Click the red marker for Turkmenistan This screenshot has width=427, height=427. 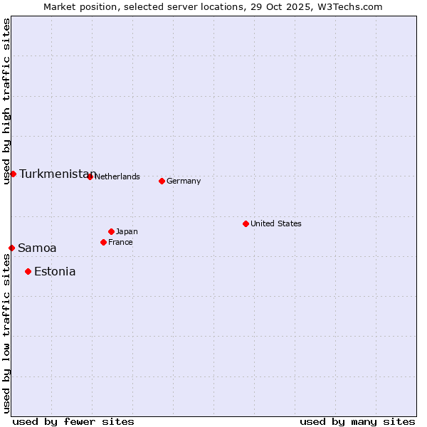pyautogui.click(x=13, y=174)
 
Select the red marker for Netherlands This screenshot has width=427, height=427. pyautogui.click(x=90, y=176)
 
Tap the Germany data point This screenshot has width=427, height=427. pyautogui.click(x=162, y=181)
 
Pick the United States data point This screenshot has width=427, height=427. pyautogui.click(x=246, y=223)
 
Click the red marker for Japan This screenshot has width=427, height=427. pyautogui.click(x=111, y=231)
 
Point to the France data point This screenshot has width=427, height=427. pyautogui.click(x=103, y=242)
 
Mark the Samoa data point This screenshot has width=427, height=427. pyautogui.click(x=11, y=248)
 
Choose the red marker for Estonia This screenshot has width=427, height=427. pyautogui.click(x=28, y=271)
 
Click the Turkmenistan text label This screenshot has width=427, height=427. pyautogui.click(x=57, y=174)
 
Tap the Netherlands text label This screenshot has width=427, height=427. pyautogui.click(x=117, y=176)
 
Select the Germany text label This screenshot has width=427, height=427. pyautogui.click(x=184, y=181)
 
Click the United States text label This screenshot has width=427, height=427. pyautogui.click(x=276, y=223)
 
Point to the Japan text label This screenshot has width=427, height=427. pyautogui.click(x=127, y=231)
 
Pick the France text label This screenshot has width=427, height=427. pyautogui.click(x=120, y=242)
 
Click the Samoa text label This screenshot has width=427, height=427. pyautogui.click(x=37, y=248)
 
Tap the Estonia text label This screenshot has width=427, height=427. pyautogui.click(x=55, y=271)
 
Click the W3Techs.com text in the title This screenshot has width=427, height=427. pyautogui.click(x=349, y=6)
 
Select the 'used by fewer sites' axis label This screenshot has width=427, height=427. pyautogui.click(x=73, y=421)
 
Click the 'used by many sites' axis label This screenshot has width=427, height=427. pyautogui.click(x=357, y=421)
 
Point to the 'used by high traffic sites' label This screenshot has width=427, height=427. pyautogui.click(x=6, y=101)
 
